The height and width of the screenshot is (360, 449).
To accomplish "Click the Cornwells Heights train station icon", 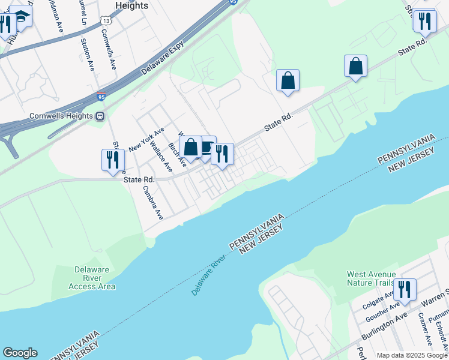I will coord(100,116).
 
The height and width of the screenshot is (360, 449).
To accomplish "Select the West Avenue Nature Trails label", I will coord(371,279).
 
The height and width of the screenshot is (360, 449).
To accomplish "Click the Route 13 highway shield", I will coord(106,21).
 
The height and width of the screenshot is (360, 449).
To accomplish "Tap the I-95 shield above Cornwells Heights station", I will coord(101,96).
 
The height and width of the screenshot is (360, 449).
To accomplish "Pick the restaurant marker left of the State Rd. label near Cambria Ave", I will coord(112,160).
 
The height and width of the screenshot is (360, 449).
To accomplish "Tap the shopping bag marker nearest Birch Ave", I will coord(190,147).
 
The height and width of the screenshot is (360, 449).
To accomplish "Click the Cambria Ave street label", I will coord(153,202).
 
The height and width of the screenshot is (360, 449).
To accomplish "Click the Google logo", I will coord(20,353).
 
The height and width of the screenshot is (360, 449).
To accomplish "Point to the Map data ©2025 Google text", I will coord(412,355).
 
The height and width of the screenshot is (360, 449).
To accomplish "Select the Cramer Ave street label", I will coord(424,329).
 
